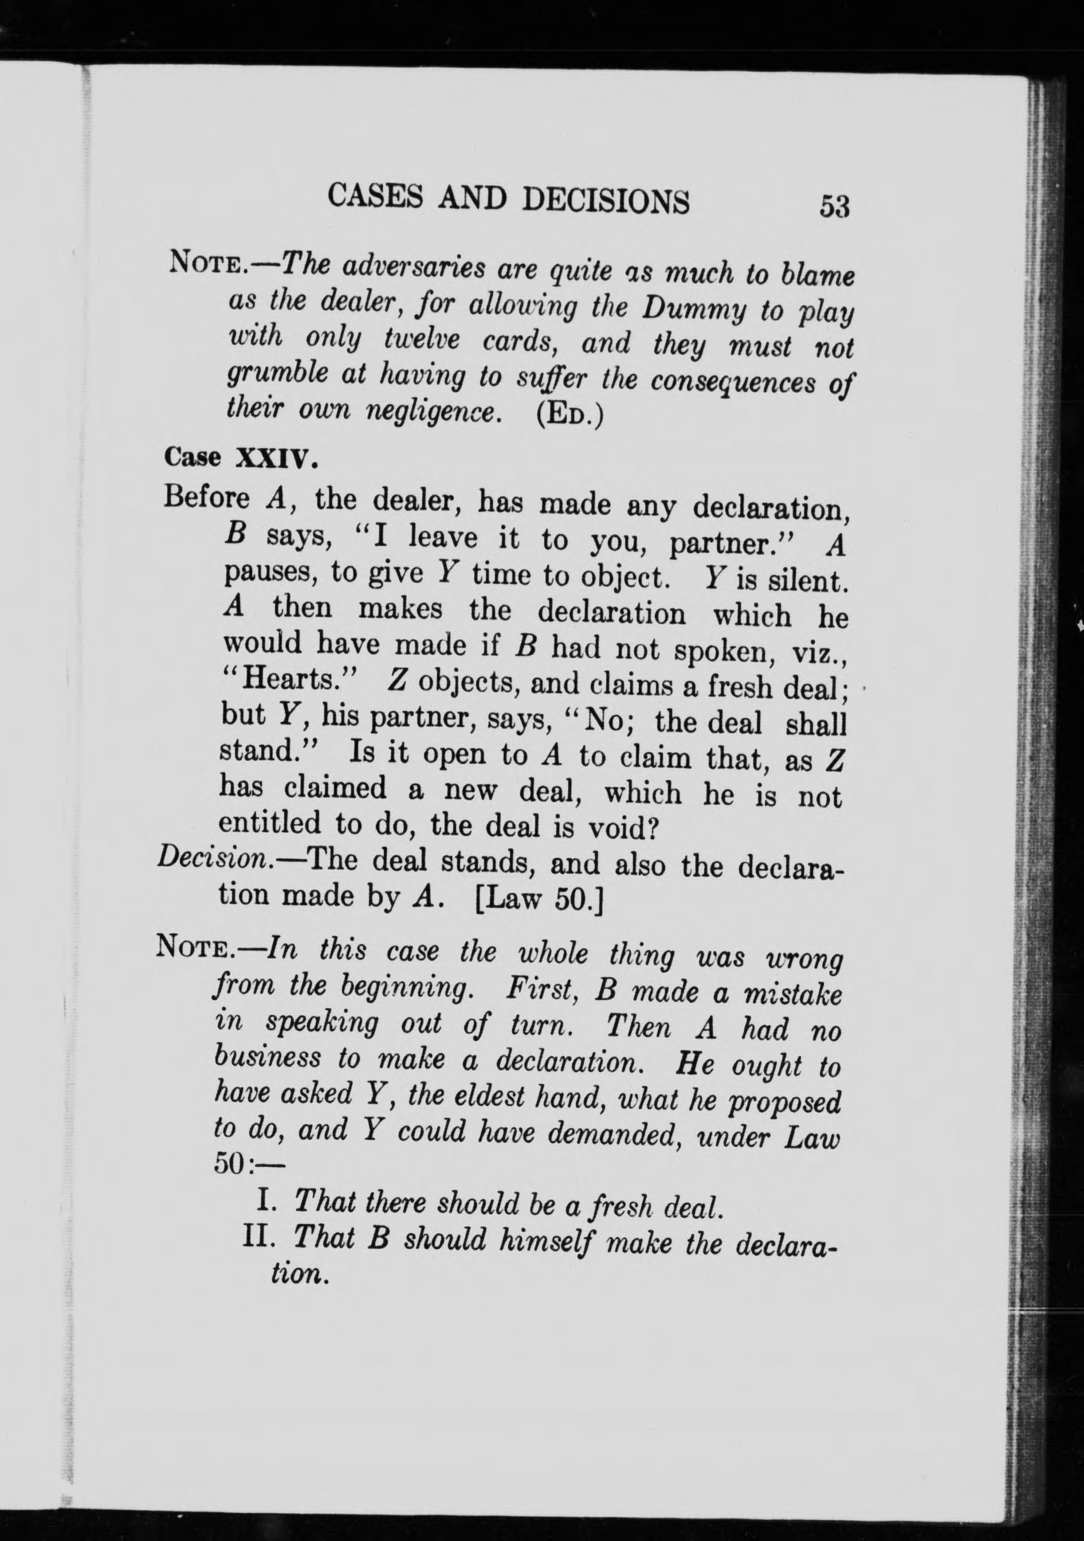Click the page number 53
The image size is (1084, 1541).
point(834,206)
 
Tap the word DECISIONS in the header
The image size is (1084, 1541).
point(605,201)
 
